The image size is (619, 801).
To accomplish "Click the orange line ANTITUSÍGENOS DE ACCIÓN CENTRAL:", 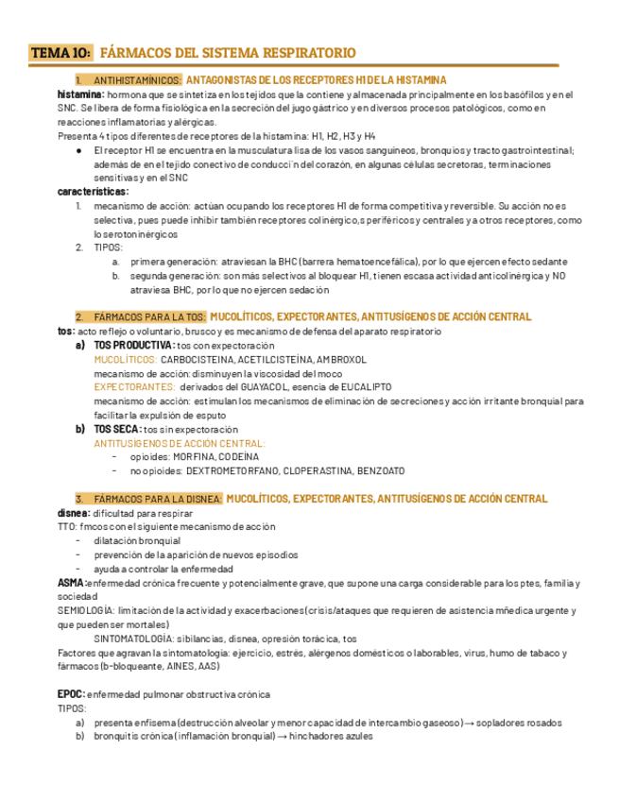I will [x=180, y=442].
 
